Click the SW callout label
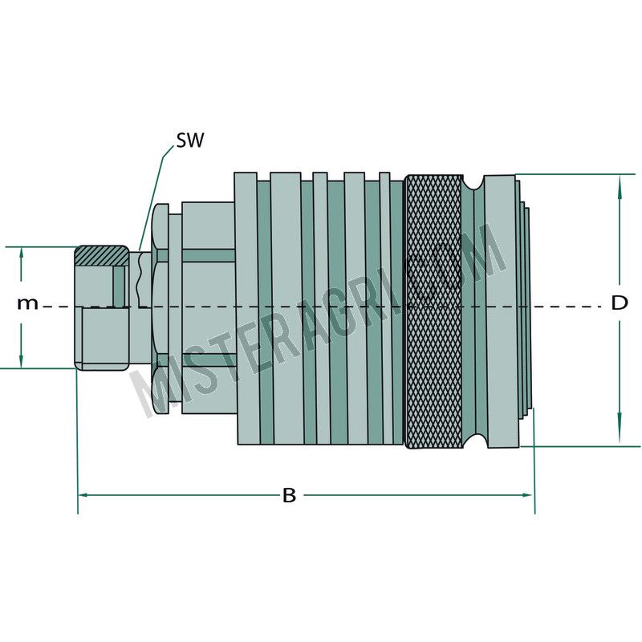click(x=190, y=140)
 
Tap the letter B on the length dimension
click(x=290, y=495)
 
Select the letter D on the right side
click(x=620, y=303)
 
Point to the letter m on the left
click(x=27, y=303)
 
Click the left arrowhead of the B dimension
click(x=83, y=495)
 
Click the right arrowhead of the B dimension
click(x=529, y=495)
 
